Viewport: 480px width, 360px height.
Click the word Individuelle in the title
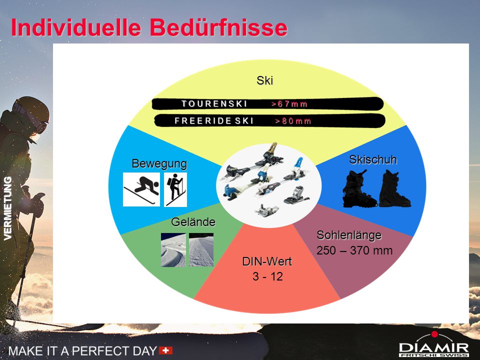[x=76, y=27]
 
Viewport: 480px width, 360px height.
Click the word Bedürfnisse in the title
[x=218, y=27]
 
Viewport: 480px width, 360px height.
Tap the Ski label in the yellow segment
[x=265, y=80]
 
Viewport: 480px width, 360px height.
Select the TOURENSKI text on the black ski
[x=214, y=104]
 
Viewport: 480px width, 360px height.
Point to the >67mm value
[x=289, y=104]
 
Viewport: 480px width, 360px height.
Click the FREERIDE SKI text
[x=214, y=121]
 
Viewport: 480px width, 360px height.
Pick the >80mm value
[x=293, y=121]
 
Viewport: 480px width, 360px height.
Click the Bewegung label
[x=159, y=163]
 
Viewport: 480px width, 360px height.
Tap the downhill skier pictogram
[x=141, y=189]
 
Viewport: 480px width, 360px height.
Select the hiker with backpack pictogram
[x=175, y=189]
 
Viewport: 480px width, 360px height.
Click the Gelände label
[x=193, y=221]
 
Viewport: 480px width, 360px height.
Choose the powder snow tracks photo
[x=173, y=250]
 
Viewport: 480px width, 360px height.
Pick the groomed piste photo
[x=201, y=250]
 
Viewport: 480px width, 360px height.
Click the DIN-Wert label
[x=267, y=261]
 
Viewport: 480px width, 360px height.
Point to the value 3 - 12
[x=268, y=276]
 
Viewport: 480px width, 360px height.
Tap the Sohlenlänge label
[x=349, y=235]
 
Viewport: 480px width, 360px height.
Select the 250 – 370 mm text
[x=354, y=250]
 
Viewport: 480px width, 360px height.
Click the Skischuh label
[x=373, y=159]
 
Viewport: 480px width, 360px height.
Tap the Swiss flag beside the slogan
[x=165, y=350]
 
